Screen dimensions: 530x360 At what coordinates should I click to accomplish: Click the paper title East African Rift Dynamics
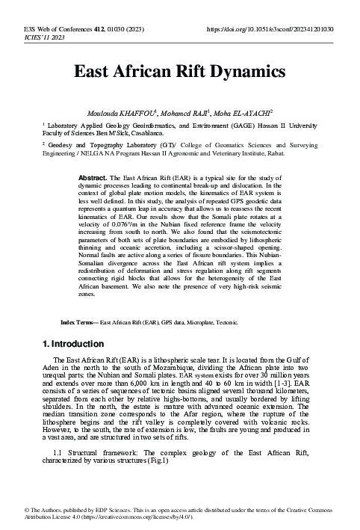[x=179, y=72]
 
